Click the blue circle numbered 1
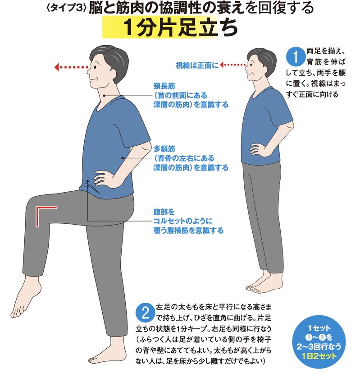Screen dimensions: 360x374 [x=296, y=57]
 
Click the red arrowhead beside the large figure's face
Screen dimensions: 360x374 [x=57, y=67]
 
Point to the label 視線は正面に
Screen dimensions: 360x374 [x=197, y=65]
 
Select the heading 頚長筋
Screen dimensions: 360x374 [x=164, y=86]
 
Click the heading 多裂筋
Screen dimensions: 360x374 [x=164, y=149]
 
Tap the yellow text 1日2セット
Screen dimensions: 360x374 [x=319, y=356]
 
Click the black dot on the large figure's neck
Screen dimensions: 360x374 [x=105, y=96]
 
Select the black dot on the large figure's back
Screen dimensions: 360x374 [x=123, y=157]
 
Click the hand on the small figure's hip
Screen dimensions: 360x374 [x=257, y=148]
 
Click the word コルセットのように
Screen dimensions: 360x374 [x=183, y=221]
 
